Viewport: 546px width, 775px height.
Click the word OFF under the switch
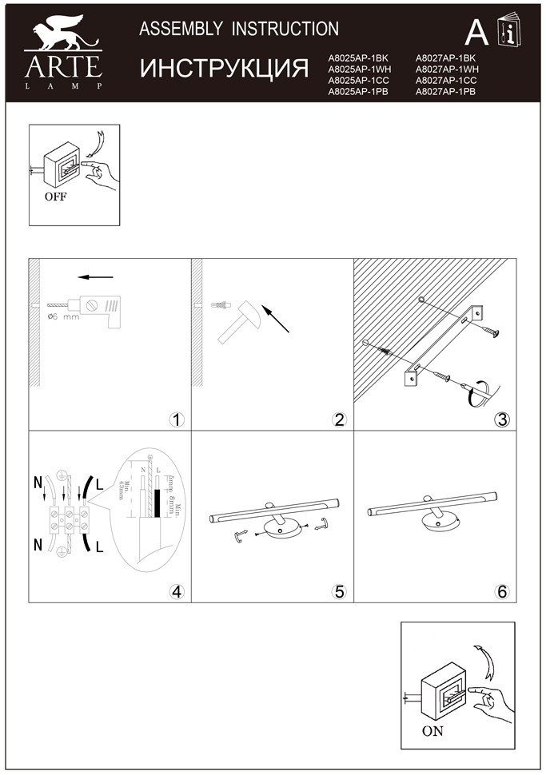pos(56,195)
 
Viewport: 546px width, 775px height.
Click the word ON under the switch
pos(432,730)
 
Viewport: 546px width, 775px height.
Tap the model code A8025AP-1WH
pos(359,70)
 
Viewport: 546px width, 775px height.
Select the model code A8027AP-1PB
pos(445,92)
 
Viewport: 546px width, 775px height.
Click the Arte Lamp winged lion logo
pos(63,37)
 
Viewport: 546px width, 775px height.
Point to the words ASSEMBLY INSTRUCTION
pos(239,30)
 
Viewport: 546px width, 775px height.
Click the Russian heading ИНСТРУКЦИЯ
pos(225,68)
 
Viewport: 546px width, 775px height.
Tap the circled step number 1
pos(177,420)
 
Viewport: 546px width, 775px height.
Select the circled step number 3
pos(501,420)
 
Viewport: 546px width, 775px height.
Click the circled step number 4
pos(177,591)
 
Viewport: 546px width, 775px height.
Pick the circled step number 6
pos(501,591)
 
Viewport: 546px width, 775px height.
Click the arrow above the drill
pos(95,278)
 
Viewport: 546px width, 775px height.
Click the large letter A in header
pos(476,32)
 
